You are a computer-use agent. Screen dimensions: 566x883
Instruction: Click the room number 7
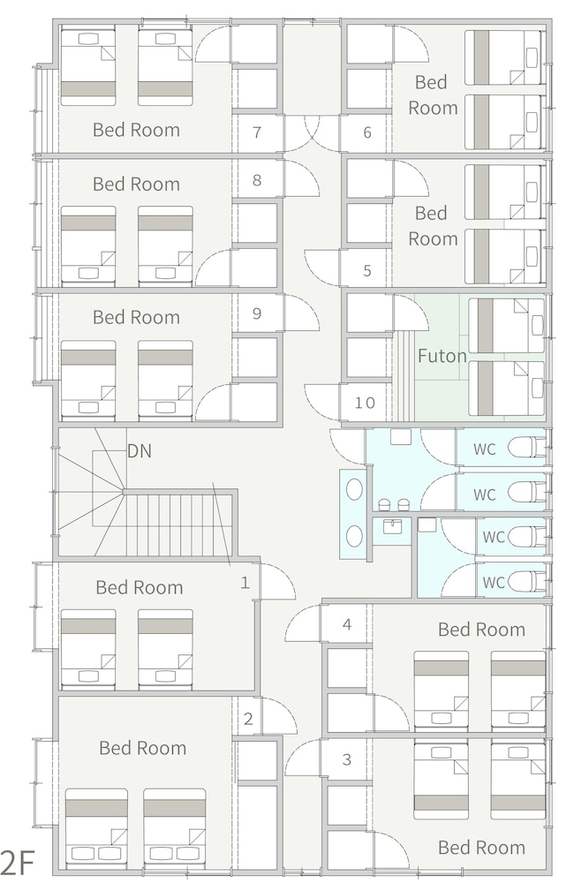pos(257,132)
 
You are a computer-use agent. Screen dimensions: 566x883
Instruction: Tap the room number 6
pos(367,132)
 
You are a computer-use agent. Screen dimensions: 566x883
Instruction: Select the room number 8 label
pos(257,180)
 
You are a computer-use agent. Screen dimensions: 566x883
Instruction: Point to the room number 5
pos(367,271)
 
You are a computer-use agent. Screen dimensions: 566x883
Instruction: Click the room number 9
pos(257,313)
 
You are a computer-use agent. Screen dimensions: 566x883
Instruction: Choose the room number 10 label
pos(365,403)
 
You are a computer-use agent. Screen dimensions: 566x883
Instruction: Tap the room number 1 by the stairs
pos(245,582)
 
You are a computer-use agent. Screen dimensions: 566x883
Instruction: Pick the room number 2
pos(248,719)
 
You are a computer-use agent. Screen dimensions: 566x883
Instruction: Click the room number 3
pos(347,759)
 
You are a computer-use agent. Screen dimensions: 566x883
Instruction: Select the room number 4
pos(347,624)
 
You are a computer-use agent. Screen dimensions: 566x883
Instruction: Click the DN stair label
pos(140,451)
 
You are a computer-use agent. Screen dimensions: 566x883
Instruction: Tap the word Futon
pos(442,356)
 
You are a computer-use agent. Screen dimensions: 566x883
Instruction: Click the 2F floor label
pos(18,862)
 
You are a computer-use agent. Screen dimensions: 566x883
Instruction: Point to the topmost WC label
pos(485,449)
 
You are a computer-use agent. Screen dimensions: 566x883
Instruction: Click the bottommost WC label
pos(494,582)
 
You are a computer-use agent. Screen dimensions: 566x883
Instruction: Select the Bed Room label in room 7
pos(136,130)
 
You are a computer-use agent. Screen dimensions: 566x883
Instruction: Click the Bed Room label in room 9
pos(136,317)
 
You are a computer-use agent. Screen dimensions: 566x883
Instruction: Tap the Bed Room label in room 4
pos(481,629)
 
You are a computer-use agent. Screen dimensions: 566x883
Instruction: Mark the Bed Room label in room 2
pos(142,748)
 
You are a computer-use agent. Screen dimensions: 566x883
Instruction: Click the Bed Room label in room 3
pos(481,848)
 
